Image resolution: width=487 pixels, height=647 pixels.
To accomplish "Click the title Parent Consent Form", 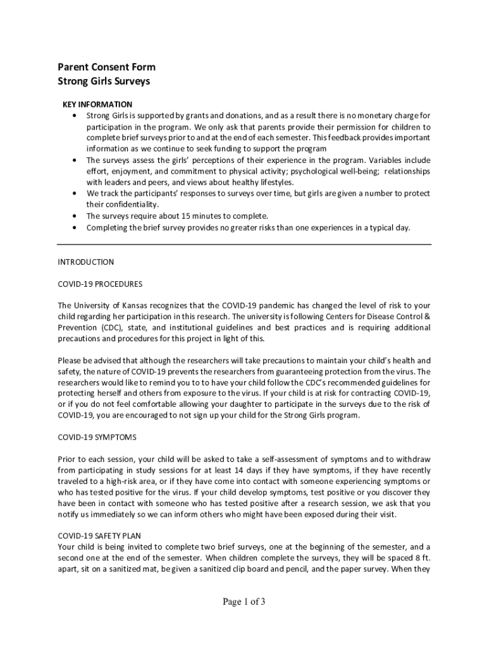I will (x=106, y=67).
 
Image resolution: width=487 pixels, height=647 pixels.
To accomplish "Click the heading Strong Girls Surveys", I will (x=104, y=82).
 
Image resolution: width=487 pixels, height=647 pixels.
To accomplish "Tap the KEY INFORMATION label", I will (x=97, y=104).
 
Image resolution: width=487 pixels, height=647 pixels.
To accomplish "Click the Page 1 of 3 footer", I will (x=244, y=602).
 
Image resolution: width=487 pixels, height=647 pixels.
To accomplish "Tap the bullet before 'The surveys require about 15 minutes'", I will (x=76, y=216).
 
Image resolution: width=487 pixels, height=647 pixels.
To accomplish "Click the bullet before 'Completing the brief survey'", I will (x=76, y=227).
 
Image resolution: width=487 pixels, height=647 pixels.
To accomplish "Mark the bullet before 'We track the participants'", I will (x=76, y=193).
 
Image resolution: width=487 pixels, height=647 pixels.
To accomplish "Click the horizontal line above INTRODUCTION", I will (x=244, y=244).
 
